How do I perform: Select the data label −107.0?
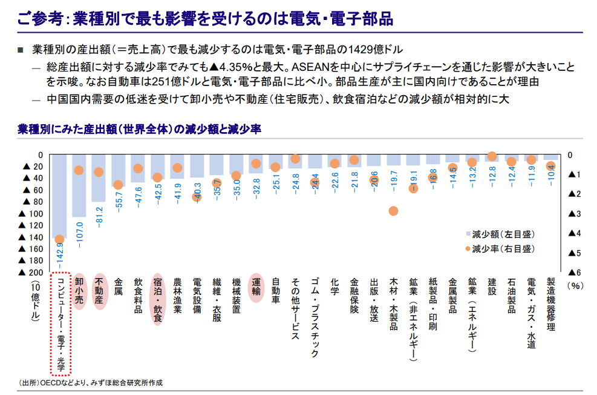[79, 233]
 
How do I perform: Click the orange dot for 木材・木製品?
[393, 211]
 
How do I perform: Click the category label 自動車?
[276, 291]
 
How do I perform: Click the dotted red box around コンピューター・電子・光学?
[60, 324]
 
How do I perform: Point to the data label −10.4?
[550, 174]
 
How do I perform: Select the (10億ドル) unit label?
[34, 300]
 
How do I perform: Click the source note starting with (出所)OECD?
[91, 383]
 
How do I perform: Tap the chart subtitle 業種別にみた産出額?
[139, 129]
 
